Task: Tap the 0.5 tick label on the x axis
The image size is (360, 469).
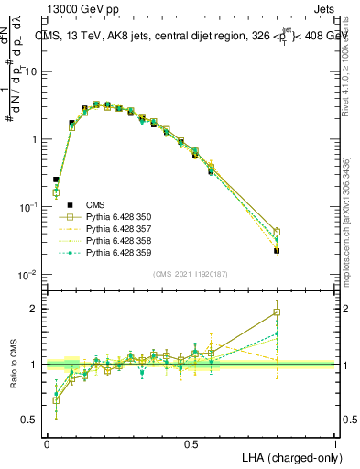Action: click(191, 443)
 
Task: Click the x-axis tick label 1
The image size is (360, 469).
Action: click(336, 443)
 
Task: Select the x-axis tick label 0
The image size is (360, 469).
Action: click(47, 443)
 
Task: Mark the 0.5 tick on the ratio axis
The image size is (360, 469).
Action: click(32, 420)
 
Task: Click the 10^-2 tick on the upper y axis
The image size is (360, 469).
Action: click(28, 276)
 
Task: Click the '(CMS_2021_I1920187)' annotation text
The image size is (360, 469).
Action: click(191, 273)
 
